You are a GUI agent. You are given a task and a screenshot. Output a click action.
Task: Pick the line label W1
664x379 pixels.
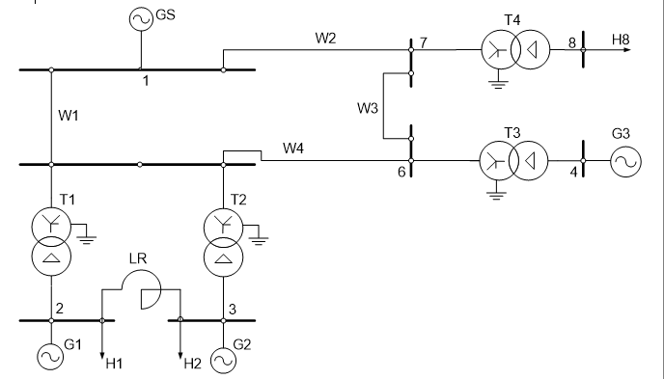(x=69, y=115)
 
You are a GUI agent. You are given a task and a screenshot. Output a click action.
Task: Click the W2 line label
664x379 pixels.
(x=325, y=38)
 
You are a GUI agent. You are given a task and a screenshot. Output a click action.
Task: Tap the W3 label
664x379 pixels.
(x=367, y=108)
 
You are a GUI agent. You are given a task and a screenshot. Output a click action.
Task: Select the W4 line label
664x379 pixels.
(x=293, y=149)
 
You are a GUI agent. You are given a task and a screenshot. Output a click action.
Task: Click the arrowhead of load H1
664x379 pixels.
(x=102, y=355)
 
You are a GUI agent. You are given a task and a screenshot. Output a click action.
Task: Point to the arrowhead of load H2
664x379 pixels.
(x=180, y=355)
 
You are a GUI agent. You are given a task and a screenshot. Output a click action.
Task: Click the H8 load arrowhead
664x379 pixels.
(x=627, y=50)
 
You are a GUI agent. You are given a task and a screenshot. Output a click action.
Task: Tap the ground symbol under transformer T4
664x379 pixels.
(x=498, y=84)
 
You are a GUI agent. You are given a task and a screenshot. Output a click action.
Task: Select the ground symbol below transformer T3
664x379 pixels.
(x=496, y=195)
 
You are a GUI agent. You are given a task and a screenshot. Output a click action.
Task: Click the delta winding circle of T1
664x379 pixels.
(x=51, y=257)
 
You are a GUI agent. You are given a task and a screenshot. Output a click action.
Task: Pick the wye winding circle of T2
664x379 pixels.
(x=224, y=228)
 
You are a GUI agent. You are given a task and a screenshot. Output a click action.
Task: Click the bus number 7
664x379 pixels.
(x=424, y=42)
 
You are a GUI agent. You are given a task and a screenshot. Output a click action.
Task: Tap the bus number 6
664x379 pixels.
(x=401, y=172)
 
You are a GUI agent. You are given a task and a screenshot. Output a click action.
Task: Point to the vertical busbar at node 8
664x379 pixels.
(x=583, y=49)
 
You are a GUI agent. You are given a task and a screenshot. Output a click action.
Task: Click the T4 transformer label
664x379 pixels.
(x=512, y=20)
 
